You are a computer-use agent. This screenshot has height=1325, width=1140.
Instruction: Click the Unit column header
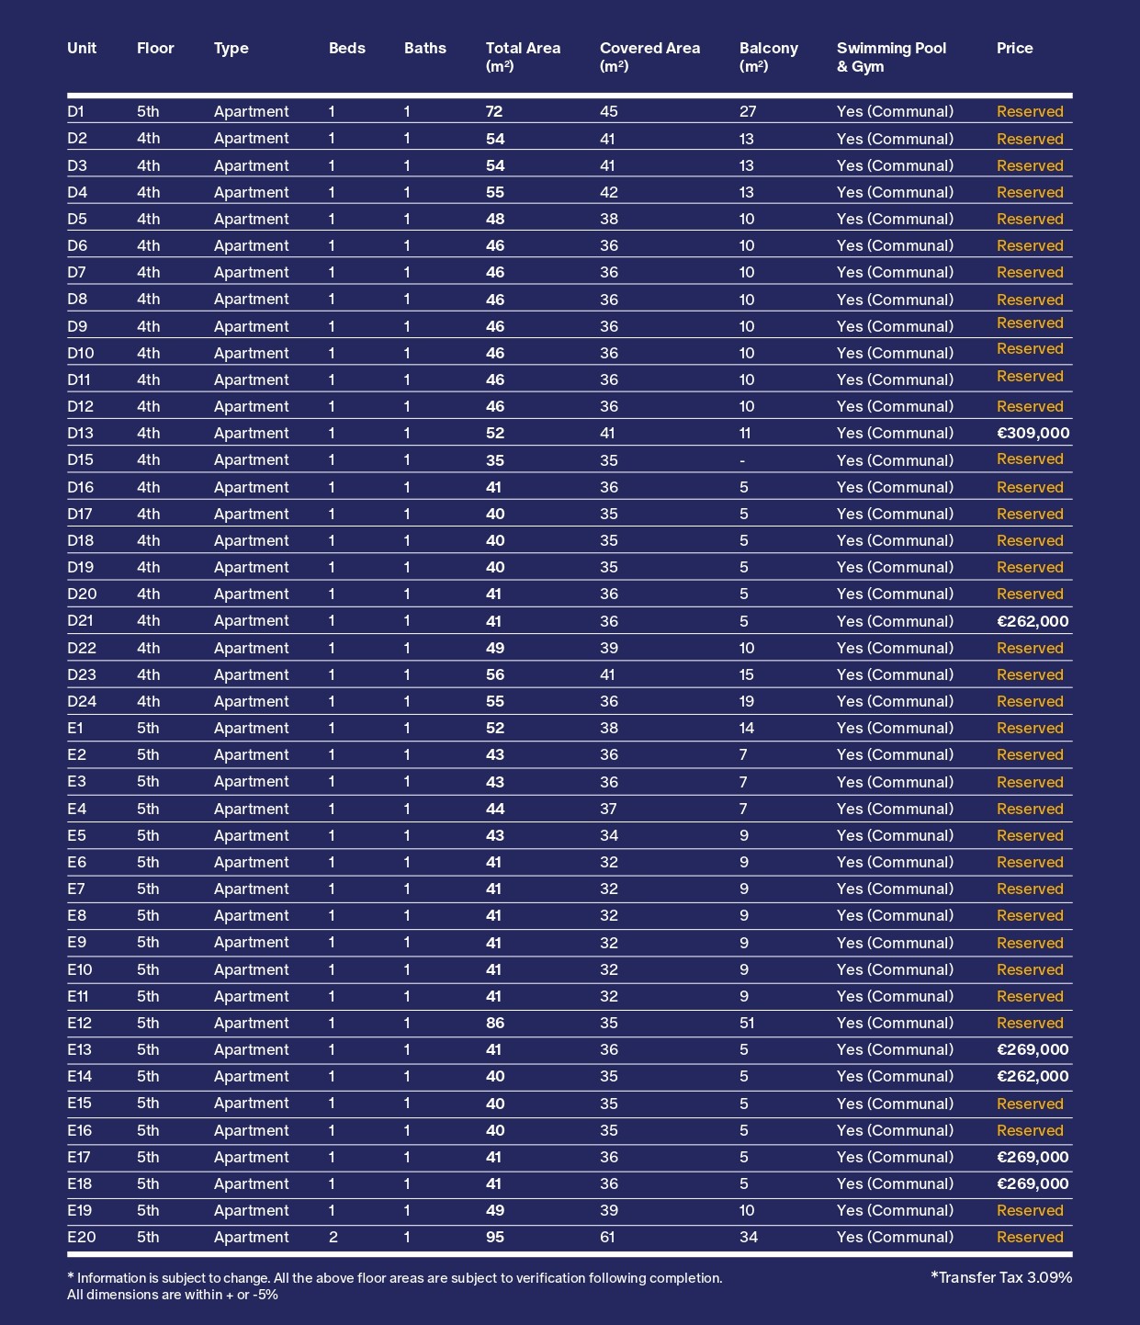[x=82, y=49]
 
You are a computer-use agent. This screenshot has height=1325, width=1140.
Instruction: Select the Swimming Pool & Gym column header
[x=890, y=57]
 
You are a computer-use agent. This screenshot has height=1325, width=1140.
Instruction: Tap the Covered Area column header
[x=649, y=57]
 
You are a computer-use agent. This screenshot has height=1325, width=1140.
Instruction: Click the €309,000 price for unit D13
[x=1033, y=434]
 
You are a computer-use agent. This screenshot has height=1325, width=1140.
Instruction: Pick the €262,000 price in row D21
[x=1033, y=621]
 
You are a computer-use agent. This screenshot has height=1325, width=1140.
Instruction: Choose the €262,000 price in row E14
[x=1033, y=1077]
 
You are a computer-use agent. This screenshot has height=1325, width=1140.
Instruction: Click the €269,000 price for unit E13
[x=1033, y=1050]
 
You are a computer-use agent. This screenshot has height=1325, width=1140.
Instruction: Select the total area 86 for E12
[x=494, y=1024]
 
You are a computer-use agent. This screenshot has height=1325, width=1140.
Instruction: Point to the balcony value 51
[x=748, y=1024]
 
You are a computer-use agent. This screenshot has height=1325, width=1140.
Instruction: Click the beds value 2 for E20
[x=333, y=1238]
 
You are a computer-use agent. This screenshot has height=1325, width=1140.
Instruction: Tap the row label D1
[x=75, y=112]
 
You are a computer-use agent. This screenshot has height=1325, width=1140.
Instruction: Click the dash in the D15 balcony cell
[x=742, y=461]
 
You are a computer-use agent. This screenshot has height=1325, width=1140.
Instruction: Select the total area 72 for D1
[x=494, y=112]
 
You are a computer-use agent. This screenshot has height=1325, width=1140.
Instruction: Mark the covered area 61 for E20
[x=608, y=1238]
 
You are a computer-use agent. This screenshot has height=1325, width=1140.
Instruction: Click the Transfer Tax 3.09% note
[x=1000, y=1277]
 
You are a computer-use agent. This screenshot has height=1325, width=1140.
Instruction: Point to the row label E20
[x=81, y=1238]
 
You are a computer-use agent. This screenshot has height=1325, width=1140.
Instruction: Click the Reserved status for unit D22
[x=1030, y=649]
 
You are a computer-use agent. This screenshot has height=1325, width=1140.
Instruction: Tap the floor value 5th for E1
[x=147, y=729]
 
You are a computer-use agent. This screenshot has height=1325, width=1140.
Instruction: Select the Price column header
[x=1014, y=49]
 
